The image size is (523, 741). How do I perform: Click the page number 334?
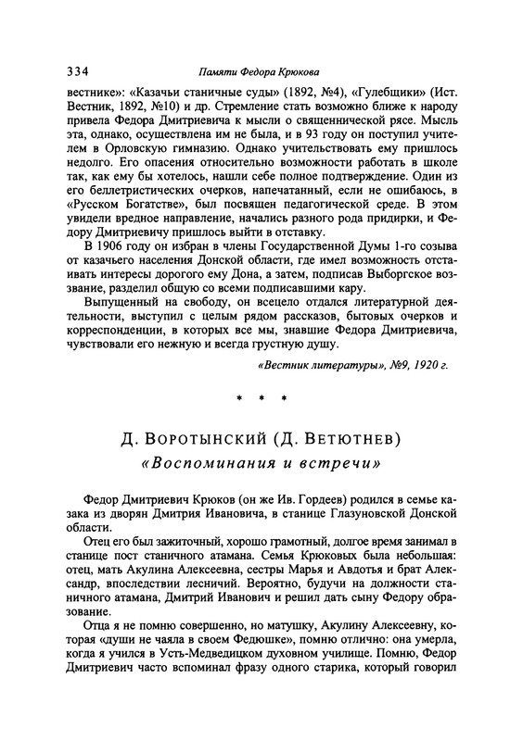click(x=80, y=71)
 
